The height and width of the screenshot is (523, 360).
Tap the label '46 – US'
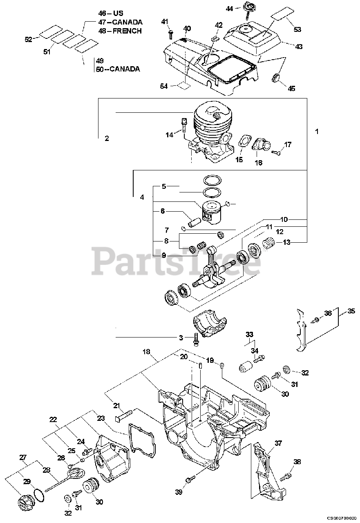pos(111,13)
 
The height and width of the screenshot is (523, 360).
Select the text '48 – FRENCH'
pos(120,31)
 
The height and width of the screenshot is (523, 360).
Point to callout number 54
pos(164,86)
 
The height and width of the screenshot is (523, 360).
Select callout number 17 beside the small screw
pos(288,144)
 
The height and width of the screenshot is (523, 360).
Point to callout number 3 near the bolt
pos(181,337)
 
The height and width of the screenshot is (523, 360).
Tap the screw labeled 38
pos(286,475)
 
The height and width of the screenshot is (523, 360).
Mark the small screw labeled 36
pos(317,320)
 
